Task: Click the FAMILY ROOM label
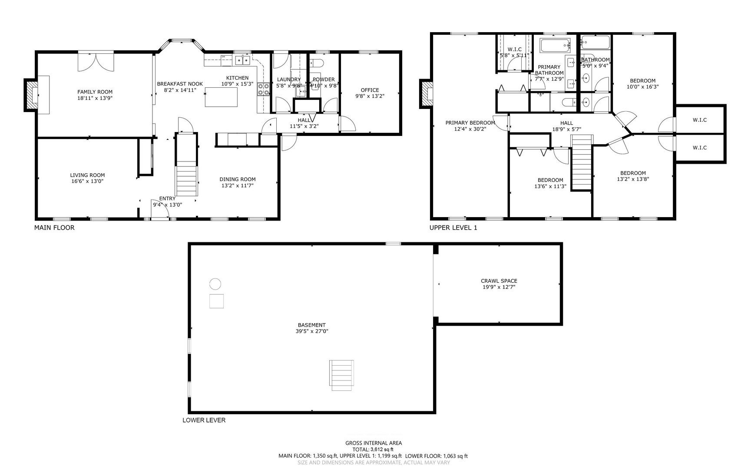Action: [x=95, y=92]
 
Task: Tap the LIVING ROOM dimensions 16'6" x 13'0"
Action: [x=87, y=181]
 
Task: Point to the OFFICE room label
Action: [x=370, y=90]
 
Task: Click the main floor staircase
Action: [x=186, y=167]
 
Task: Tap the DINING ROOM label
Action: [x=237, y=179]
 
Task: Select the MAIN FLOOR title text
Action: [x=54, y=228]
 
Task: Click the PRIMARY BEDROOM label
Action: [x=470, y=123]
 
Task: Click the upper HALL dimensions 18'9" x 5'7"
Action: [x=566, y=129]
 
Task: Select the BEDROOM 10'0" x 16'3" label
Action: [x=642, y=81]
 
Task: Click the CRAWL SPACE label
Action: [x=499, y=281]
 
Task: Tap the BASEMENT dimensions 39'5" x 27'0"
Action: [x=311, y=331]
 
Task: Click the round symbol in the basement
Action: [x=215, y=284]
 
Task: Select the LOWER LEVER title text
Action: [x=204, y=420]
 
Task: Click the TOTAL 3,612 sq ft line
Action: [x=373, y=449]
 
